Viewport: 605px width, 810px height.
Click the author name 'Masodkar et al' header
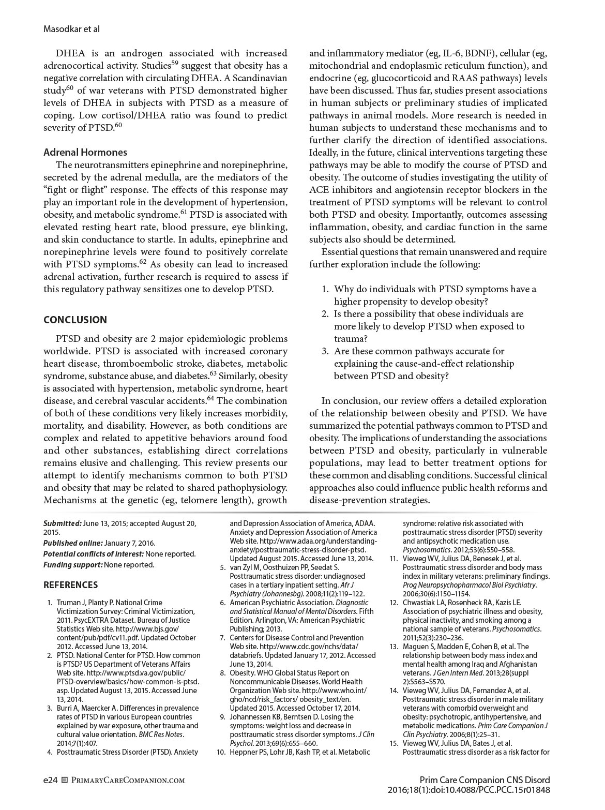[x=71, y=29]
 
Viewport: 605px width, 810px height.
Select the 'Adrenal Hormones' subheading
[x=85, y=152]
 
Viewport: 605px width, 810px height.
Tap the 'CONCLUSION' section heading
[x=75, y=320]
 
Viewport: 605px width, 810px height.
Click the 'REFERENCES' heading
[x=70, y=585]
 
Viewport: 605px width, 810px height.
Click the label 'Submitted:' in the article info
[x=63, y=523]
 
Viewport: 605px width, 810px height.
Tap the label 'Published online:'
[x=73, y=543]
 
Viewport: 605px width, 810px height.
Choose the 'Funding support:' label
[x=73, y=564]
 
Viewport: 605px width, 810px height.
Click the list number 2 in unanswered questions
[x=325, y=314]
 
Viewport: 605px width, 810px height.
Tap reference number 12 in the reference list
[x=394, y=603]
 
